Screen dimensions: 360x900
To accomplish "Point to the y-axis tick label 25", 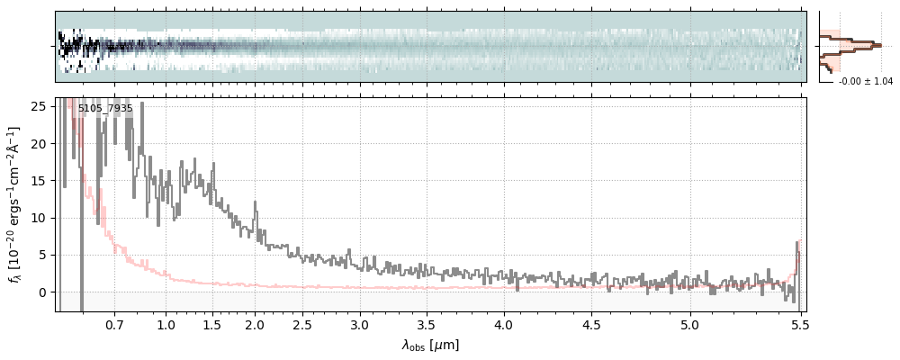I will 38,106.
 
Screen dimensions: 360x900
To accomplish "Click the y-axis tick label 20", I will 38,143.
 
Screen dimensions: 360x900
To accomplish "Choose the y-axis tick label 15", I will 38,180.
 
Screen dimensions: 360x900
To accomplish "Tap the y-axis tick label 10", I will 38,218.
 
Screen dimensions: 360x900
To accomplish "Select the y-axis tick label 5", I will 41,255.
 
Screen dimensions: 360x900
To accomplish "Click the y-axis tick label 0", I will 41,292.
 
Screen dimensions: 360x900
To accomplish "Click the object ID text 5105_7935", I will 105,109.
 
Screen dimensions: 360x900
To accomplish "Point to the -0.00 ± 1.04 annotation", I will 865,82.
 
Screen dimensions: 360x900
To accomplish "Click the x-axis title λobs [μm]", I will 430,345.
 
